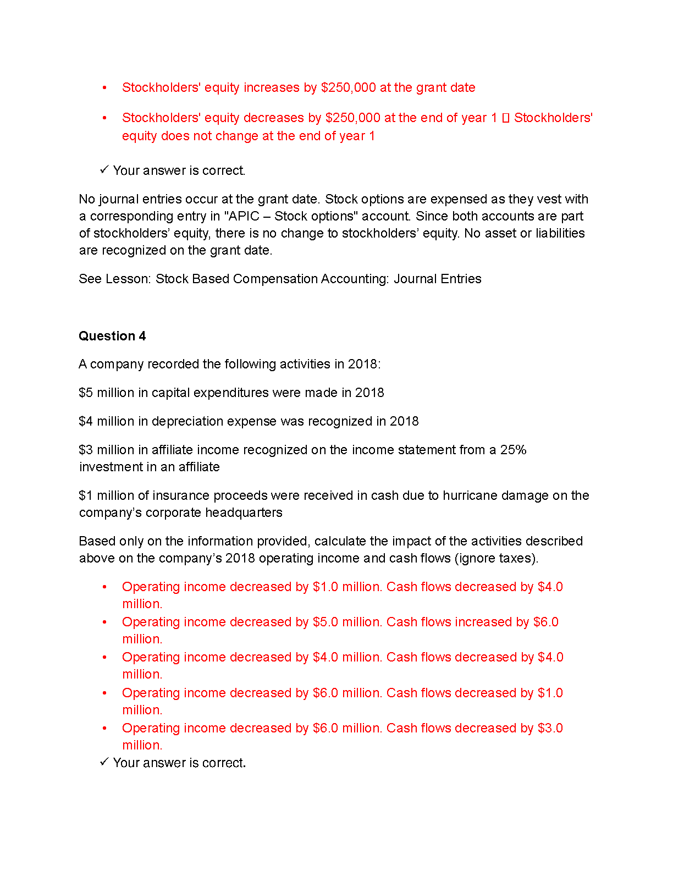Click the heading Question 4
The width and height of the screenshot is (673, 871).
(112, 336)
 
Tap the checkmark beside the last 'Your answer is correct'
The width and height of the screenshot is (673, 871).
(104, 762)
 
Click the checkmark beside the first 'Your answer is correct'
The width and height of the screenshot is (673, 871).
(104, 169)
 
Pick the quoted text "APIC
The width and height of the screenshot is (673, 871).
(241, 216)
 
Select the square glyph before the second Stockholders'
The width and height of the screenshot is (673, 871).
(506, 118)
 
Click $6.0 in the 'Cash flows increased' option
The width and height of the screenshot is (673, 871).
(545, 622)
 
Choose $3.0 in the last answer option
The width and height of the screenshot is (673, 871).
(550, 728)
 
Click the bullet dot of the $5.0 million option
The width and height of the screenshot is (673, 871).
(104, 622)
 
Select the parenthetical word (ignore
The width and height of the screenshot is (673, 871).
(475, 558)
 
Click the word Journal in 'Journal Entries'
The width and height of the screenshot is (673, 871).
(414, 279)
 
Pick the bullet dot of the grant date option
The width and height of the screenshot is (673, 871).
(104, 87)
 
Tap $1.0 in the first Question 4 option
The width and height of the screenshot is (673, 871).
(325, 587)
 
